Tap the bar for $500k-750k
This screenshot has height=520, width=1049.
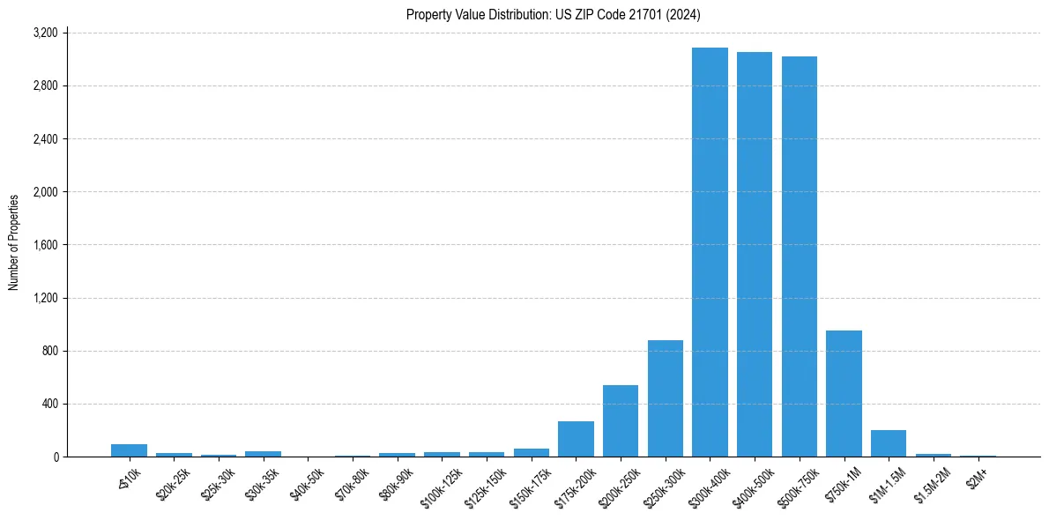click(x=799, y=256)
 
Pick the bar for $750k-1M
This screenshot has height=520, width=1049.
click(x=844, y=393)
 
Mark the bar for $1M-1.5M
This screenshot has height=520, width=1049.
click(x=889, y=443)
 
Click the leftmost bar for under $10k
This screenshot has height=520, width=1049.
click(x=129, y=450)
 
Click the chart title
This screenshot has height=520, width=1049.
click(x=554, y=15)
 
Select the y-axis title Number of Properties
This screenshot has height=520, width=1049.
click(x=14, y=242)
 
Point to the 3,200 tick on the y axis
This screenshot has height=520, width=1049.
click(x=45, y=33)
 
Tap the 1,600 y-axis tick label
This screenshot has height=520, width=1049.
click(x=45, y=245)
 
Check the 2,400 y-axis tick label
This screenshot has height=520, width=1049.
click(x=45, y=139)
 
